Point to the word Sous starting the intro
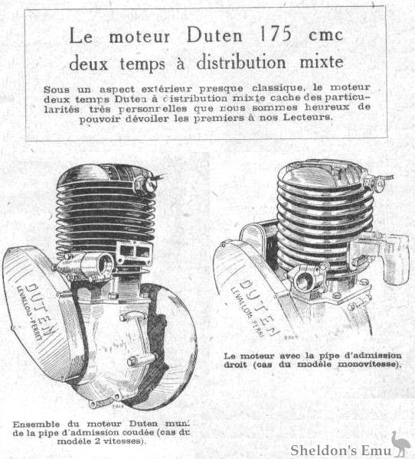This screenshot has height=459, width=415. point(57,90)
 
